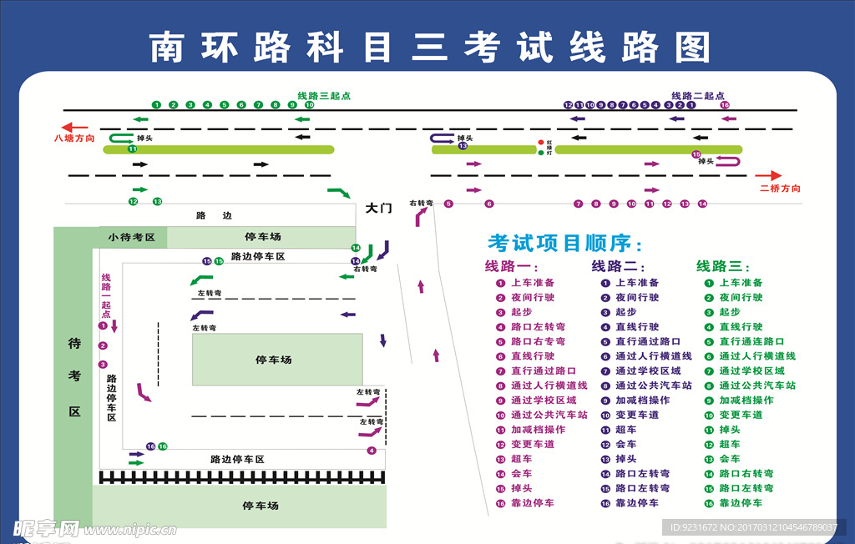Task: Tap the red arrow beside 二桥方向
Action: (x=770, y=176)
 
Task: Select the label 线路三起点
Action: (x=324, y=96)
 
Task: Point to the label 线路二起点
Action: (x=697, y=96)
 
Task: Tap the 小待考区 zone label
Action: (x=132, y=237)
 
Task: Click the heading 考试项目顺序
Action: (x=565, y=243)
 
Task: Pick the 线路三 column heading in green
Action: (x=724, y=266)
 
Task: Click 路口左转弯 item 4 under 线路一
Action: (x=538, y=326)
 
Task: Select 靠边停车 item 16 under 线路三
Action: (x=741, y=503)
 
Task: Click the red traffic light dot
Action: (x=540, y=143)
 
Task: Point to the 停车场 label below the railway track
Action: (x=261, y=506)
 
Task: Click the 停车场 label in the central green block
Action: (x=274, y=360)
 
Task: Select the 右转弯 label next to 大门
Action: (x=421, y=203)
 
